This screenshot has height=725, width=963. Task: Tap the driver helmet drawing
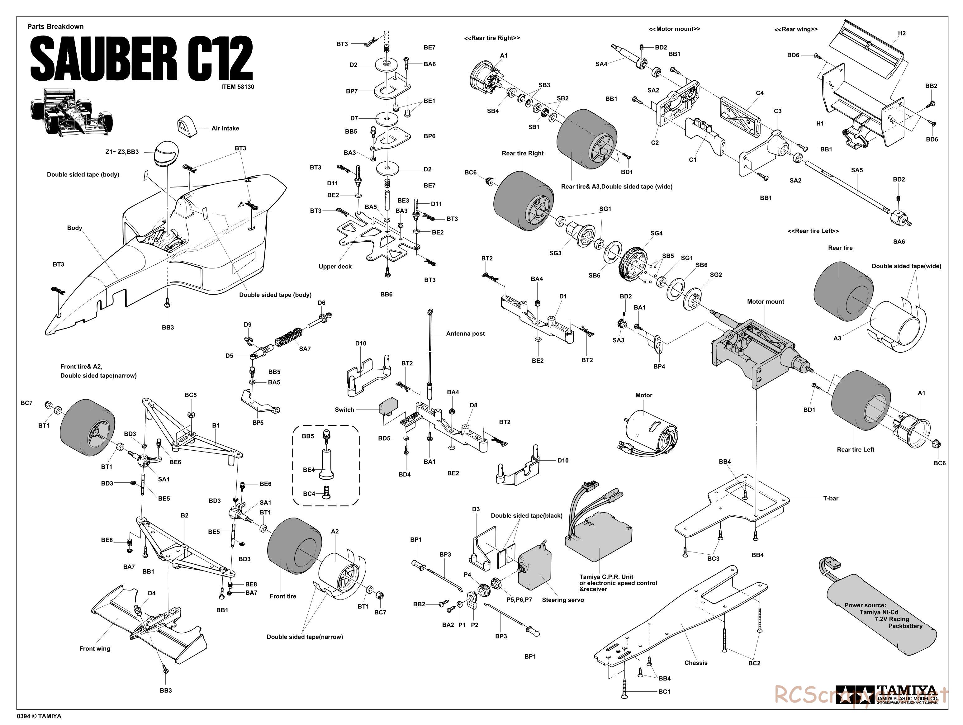(x=166, y=153)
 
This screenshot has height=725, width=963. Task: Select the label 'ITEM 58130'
(x=237, y=87)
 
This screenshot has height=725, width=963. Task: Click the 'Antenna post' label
(x=465, y=334)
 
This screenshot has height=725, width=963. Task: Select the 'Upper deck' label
(x=335, y=267)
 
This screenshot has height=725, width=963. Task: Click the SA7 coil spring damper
(x=288, y=339)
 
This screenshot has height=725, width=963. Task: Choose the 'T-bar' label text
(x=830, y=498)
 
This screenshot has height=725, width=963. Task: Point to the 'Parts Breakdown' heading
(x=55, y=26)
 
